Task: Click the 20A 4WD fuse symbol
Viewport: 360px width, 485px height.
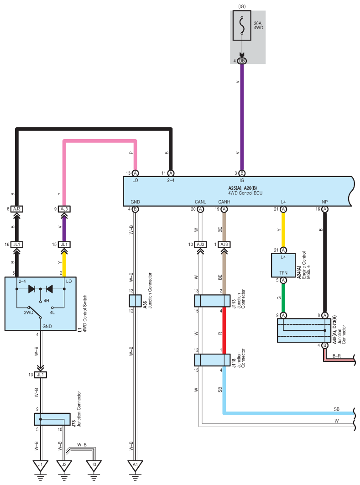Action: coord(241,26)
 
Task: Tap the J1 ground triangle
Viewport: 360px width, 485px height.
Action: coord(41,465)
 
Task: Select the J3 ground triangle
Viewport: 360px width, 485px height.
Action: coord(94,465)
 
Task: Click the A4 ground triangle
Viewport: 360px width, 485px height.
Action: coord(135,465)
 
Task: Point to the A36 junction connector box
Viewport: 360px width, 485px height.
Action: coord(135,300)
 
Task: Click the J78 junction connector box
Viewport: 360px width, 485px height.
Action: coord(52,419)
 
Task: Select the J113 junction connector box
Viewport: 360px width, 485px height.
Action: coord(212,301)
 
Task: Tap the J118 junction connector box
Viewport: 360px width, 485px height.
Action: coord(212,360)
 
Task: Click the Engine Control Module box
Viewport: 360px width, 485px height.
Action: coord(283,265)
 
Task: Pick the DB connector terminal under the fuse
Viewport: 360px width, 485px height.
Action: coord(242,61)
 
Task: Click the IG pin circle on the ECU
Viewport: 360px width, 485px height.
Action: coord(242,173)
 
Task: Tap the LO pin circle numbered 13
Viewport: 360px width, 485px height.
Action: coord(135,173)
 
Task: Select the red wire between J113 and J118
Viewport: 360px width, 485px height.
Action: coord(224,330)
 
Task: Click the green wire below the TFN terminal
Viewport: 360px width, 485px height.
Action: coord(283,298)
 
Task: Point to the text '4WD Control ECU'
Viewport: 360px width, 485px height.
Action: coord(245,193)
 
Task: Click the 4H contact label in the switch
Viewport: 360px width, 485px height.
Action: coord(47,300)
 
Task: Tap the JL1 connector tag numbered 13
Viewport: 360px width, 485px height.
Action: coord(41,375)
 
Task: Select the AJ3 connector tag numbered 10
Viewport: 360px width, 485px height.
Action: coord(200,245)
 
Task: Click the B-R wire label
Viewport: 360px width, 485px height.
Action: coord(336,356)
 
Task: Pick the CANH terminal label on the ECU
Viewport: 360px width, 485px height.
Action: coord(224,202)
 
